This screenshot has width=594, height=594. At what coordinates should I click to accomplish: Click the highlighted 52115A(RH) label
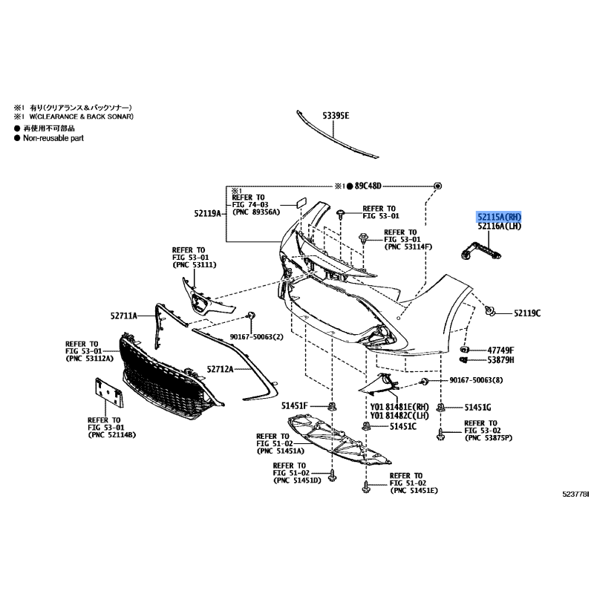click(500, 216)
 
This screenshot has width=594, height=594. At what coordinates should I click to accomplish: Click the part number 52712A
click(220, 369)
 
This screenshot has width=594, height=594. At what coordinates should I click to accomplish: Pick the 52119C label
click(527, 313)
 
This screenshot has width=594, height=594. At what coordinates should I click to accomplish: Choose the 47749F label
click(500, 349)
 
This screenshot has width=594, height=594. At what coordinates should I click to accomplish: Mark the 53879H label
click(500, 360)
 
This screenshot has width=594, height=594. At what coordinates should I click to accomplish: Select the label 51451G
click(478, 407)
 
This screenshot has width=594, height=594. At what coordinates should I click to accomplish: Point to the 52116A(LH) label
click(500, 226)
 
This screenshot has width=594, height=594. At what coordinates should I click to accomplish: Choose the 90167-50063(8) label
click(475, 381)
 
